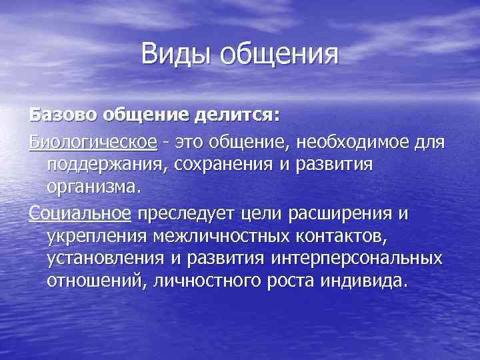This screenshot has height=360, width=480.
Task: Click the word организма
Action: (93, 186)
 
